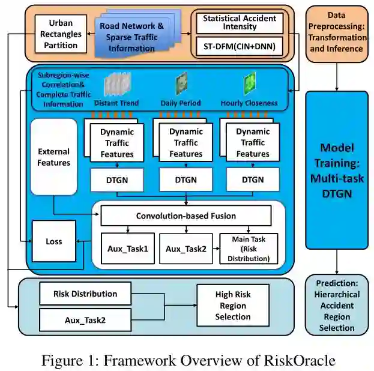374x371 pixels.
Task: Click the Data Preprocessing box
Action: (337, 32)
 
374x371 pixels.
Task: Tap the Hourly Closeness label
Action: (248, 103)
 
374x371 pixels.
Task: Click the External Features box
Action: (53, 157)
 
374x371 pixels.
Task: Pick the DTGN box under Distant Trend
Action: (118, 179)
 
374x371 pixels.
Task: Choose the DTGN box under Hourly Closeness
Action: (252, 179)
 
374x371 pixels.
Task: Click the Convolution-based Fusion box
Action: (185, 216)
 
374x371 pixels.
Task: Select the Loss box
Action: (54, 241)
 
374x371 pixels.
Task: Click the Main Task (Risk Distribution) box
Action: (249, 248)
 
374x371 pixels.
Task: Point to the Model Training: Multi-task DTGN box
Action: (336, 170)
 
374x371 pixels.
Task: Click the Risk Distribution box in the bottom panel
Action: (85, 294)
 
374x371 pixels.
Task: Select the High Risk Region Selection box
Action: (233, 306)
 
